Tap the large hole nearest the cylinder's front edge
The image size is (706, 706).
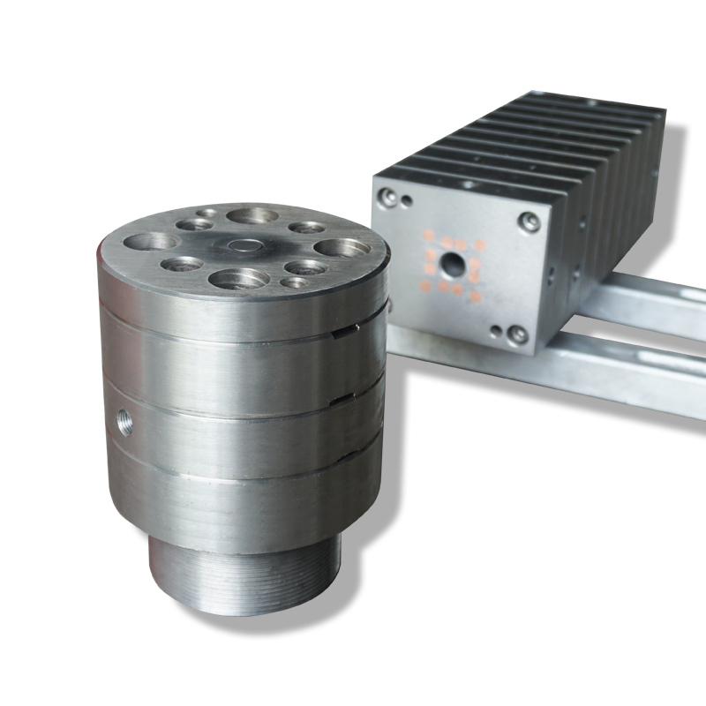pos(238,279)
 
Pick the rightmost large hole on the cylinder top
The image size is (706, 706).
pos(339,249)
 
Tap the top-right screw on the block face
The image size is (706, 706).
pos(529,222)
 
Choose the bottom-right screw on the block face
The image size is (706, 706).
pos(518,335)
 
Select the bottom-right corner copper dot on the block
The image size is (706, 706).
pos(477,297)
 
